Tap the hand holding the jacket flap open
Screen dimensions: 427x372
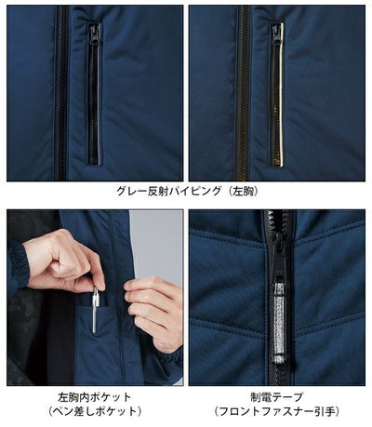click(x=153, y=307)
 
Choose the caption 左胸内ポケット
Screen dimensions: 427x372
click(x=92, y=396)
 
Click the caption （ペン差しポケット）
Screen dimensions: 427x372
click(x=92, y=410)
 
